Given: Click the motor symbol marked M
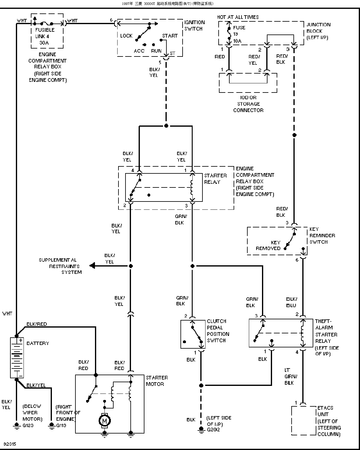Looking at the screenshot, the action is tap(104, 421).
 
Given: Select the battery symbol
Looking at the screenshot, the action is tap(17, 357).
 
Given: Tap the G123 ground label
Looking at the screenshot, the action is tap(28, 425).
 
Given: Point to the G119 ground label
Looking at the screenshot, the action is tap(61, 425).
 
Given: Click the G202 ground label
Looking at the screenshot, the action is tap(213, 430).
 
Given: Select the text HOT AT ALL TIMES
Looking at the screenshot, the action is tap(238, 17).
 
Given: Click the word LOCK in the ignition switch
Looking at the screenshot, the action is tap(126, 36).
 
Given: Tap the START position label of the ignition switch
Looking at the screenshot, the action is tap(170, 36).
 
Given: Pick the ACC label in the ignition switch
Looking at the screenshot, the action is tap(139, 51).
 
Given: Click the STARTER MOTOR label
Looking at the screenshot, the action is tap(157, 381).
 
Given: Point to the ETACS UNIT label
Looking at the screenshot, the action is tap(325, 411).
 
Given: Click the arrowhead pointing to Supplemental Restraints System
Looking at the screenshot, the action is tap(92, 266).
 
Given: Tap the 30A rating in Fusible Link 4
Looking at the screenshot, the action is tap(44, 43).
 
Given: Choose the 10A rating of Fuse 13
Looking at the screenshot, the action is tap(237, 41).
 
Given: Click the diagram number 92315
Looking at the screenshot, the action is tap(10, 444).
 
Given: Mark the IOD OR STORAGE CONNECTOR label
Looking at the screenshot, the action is tap(248, 104).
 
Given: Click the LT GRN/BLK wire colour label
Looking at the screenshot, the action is tap(291, 376).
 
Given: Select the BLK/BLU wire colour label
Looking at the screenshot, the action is tap(292, 302).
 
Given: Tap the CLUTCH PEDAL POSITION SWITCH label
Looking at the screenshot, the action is tap(218, 331).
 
